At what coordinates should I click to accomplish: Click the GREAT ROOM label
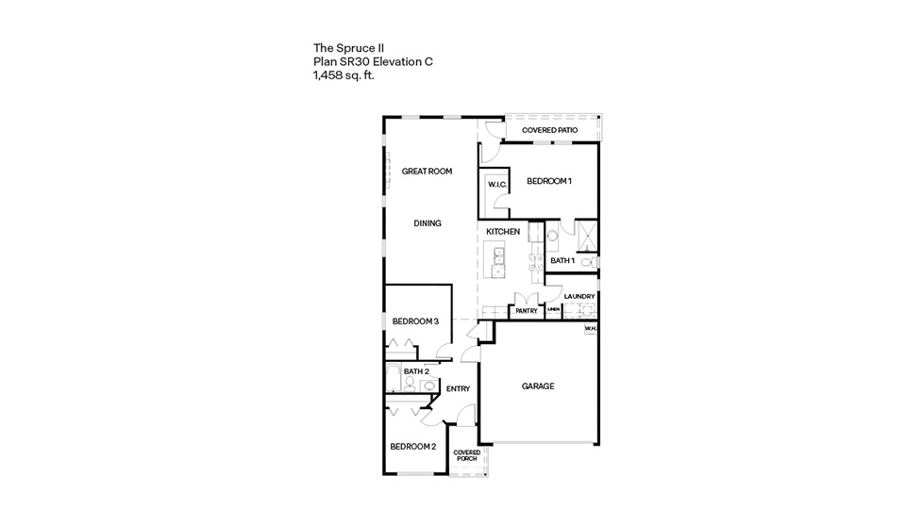click(427, 172)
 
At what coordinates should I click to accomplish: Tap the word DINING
click(428, 223)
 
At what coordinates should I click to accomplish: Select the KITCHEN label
click(503, 232)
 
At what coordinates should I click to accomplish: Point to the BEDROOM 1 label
click(549, 181)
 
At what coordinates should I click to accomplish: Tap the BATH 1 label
click(562, 260)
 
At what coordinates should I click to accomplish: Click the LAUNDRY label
click(579, 296)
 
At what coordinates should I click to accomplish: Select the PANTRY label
click(526, 309)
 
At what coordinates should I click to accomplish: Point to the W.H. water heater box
click(590, 329)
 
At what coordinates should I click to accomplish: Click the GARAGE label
click(538, 386)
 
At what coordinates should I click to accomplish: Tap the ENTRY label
click(458, 389)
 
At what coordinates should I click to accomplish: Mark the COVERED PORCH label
click(466, 455)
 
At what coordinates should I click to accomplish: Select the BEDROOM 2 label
click(412, 446)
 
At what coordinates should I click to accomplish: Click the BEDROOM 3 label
click(415, 321)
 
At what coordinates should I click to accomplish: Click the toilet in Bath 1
click(585, 261)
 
